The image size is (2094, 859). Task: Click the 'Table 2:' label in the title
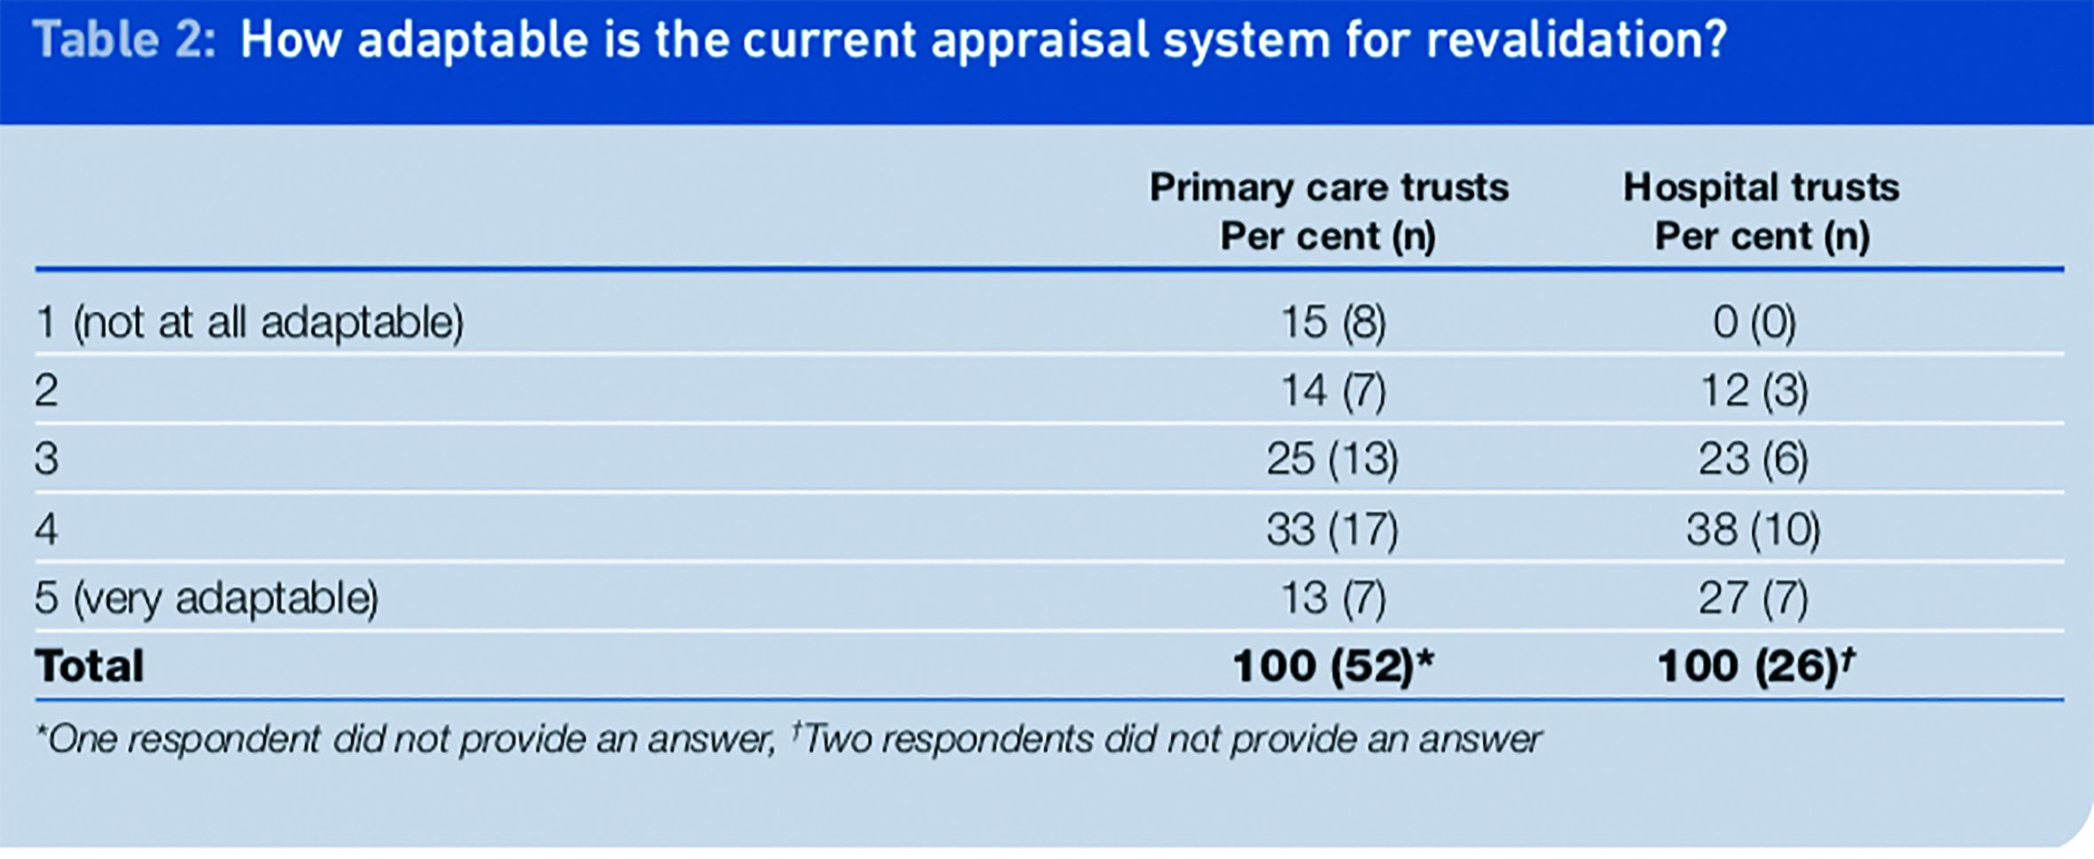point(124,41)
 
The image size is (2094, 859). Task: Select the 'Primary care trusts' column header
point(1329,188)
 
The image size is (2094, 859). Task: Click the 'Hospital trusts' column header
point(1762,188)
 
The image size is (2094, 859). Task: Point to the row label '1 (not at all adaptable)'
point(249,322)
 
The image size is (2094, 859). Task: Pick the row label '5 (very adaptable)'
point(207,597)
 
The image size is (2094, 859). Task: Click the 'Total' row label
point(89,666)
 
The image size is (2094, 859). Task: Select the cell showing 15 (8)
point(1333,322)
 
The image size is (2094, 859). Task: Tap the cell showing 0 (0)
point(1754,322)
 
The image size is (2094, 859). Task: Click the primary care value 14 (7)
point(1333,391)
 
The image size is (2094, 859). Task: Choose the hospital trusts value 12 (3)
point(1754,391)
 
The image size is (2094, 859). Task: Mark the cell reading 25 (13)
point(1332,459)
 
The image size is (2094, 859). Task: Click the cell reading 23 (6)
point(1754,459)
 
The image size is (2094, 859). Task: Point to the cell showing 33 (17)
point(1332,529)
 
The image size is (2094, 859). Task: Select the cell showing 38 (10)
point(1754,529)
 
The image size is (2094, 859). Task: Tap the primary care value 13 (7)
point(1333,597)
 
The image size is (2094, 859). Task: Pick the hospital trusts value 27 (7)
point(1754,597)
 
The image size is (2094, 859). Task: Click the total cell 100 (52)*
point(1333,666)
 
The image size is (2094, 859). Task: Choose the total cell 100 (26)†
point(1756,666)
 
